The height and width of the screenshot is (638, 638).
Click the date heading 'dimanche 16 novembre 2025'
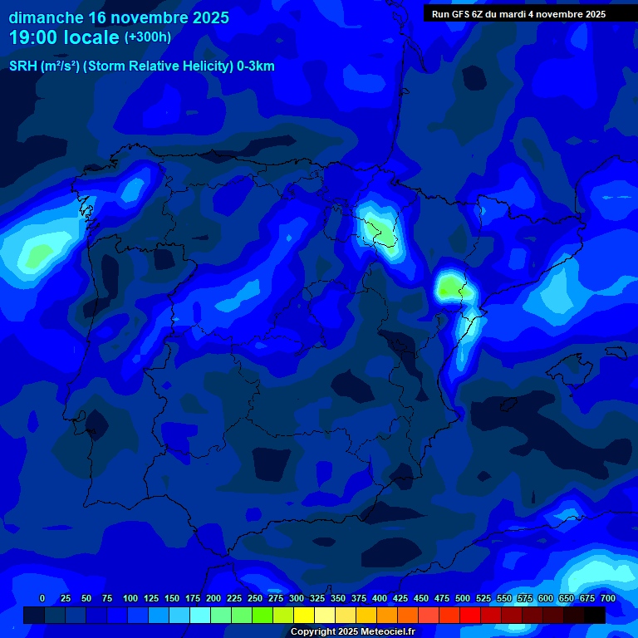coord(119,17)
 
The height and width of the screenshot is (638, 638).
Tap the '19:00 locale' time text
coord(65,37)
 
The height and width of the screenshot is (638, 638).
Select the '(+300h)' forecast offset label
coord(148,37)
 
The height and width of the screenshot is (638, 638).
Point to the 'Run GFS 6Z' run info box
coord(518,14)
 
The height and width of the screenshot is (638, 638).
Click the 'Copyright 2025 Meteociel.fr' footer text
coord(352,632)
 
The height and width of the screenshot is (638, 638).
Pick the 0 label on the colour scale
coord(42,598)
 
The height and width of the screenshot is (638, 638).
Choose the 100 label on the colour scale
coord(130,598)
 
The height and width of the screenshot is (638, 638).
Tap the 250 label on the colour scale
coord(255,598)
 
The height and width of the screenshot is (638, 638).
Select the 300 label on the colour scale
coord(297,598)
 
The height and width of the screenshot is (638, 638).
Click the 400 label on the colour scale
coord(380,598)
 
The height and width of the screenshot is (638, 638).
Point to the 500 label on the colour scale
coord(463,598)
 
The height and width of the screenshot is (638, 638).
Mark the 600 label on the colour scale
coord(546,598)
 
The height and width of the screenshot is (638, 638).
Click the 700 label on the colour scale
coord(608,598)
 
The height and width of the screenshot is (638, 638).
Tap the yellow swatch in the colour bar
coord(304,616)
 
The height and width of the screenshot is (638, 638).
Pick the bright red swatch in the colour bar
coord(470,616)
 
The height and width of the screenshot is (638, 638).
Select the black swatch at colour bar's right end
coord(595,616)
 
